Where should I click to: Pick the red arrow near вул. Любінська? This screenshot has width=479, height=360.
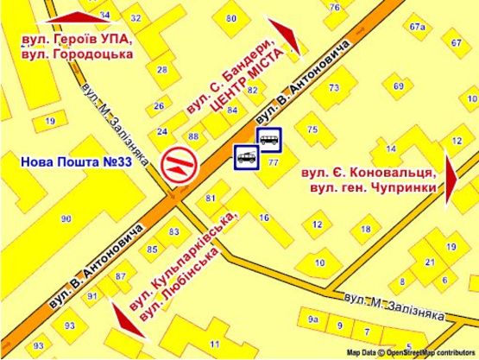tap(128, 319)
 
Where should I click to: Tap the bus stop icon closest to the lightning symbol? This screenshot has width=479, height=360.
tap(247, 155)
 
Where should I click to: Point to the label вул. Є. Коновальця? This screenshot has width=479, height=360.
tap(368, 173)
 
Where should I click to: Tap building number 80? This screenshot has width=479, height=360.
tap(230, 18)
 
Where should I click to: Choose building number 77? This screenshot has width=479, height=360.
tap(274, 162)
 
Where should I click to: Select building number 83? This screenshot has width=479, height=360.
tap(174, 231)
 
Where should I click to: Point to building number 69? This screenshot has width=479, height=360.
tap(398, 86)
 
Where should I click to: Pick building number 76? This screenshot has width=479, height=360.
tap(334, 7)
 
